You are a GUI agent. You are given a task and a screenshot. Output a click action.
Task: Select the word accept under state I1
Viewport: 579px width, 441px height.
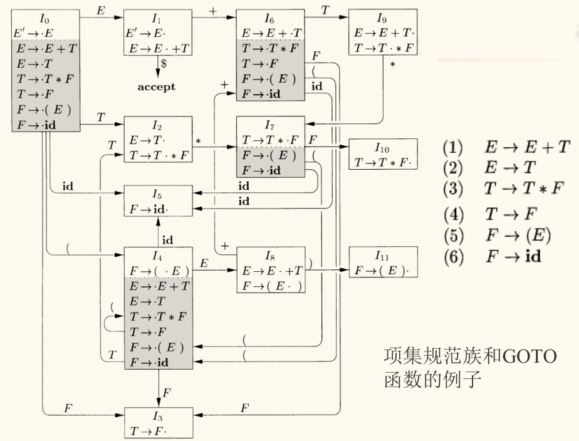tap(157, 87)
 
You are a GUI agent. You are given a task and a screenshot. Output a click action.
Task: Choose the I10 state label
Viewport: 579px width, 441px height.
tap(383, 148)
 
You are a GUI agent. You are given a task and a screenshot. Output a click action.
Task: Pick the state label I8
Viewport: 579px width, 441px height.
tap(269, 256)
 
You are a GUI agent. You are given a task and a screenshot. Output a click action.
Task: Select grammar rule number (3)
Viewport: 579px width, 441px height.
tap(452, 188)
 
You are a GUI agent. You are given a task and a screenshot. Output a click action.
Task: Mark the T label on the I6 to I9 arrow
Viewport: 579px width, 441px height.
tap(325, 10)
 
